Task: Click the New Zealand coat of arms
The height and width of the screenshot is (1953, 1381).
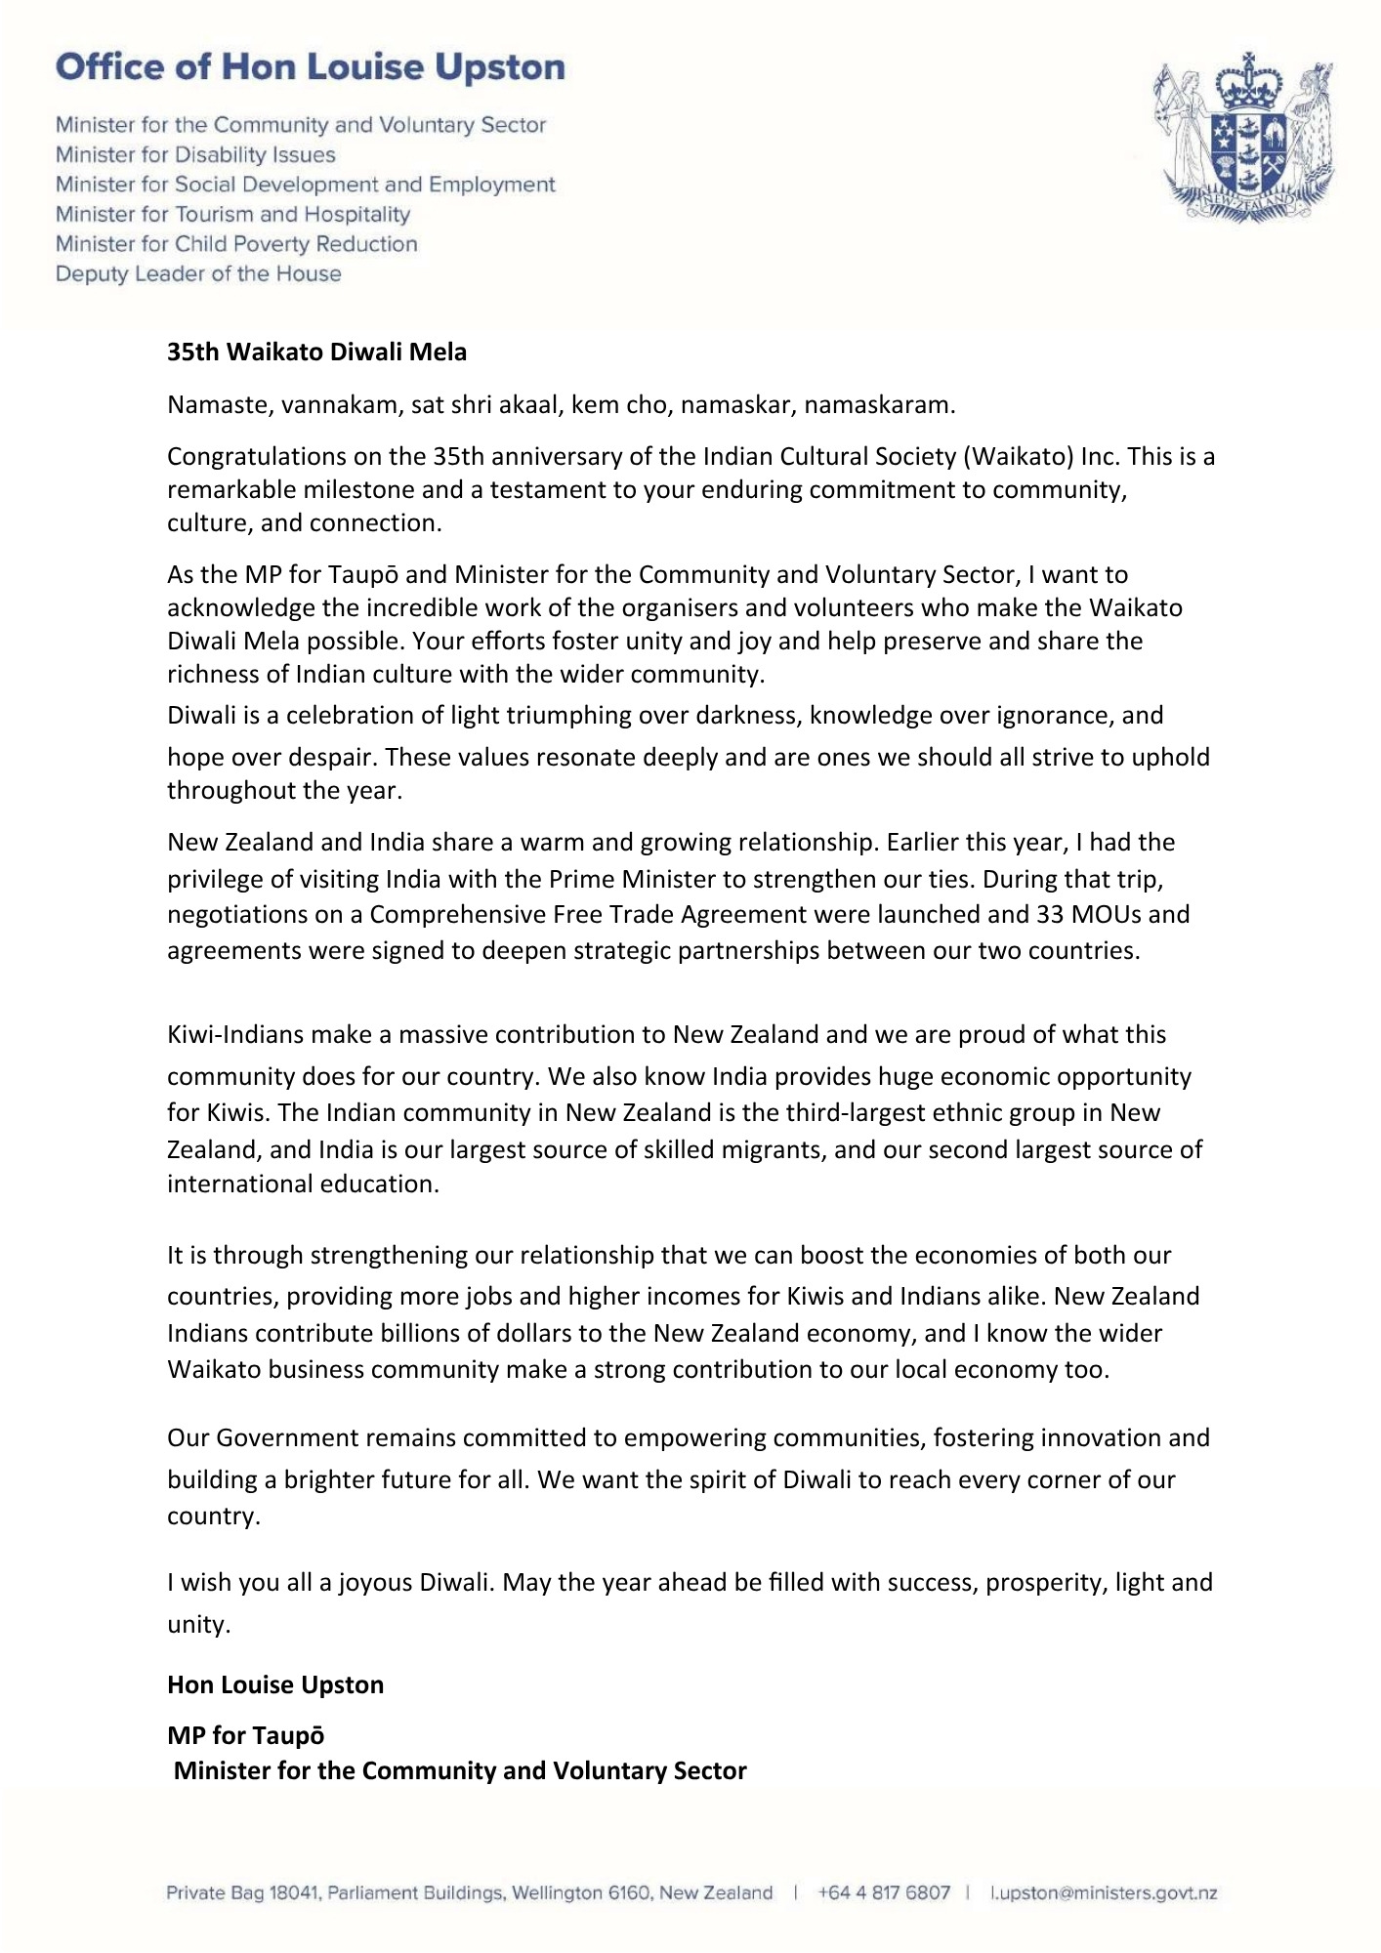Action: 1245,138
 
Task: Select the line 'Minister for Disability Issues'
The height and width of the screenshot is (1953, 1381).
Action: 195,154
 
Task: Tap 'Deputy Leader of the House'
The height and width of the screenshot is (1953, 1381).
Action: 198,273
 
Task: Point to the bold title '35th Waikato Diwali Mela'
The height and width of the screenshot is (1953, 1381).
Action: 316,352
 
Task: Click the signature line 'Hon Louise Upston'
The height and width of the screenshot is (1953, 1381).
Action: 275,1684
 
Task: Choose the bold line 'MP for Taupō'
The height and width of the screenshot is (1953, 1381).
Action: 246,1735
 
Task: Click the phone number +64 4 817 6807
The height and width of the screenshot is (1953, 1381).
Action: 884,1892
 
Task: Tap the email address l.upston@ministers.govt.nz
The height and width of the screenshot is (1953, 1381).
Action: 1104,1892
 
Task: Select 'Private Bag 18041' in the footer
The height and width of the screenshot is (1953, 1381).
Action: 243,1892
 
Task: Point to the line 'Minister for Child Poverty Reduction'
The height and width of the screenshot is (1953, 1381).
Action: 236,243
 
